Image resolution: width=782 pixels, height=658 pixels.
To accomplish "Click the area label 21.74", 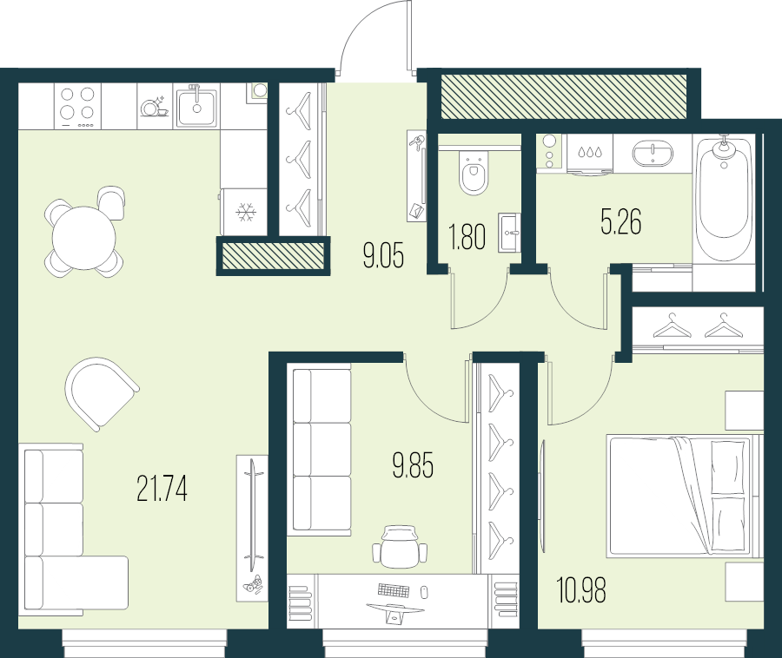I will (x=162, y=490).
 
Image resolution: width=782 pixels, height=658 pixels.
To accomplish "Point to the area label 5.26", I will (x=620, y=223).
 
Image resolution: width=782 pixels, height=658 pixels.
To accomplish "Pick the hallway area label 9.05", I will (x=383, y=256).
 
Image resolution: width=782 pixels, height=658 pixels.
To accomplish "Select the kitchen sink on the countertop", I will (x=196, y=105).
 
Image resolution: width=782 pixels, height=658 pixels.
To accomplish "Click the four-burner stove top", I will (x=76, y=104).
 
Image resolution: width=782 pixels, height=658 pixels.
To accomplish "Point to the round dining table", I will (x=83, y=238).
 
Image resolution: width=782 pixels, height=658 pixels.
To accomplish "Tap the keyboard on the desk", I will (x=393, y=590).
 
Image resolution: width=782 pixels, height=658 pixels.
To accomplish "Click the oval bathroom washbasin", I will (x=652, y=154).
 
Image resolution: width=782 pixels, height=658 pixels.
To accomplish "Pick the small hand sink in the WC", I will (x=509, y=233).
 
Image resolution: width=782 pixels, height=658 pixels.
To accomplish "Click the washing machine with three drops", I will (x=590, y=154).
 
